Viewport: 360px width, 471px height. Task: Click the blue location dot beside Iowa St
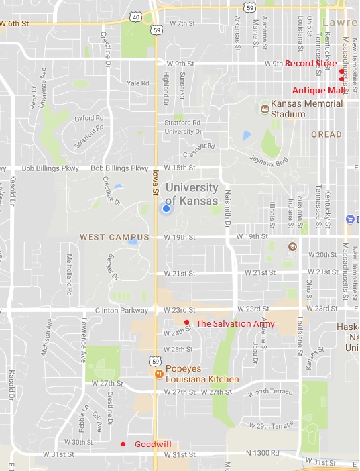(x=166, y=209)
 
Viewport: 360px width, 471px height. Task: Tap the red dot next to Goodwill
(x=123, y=444)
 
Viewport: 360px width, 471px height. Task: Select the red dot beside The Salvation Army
(x=187, y=323)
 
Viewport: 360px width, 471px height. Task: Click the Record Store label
(x=310, y=64)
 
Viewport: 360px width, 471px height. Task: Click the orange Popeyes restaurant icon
(x=159, y=374)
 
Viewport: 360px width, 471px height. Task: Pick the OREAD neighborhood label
(x=326, y=134)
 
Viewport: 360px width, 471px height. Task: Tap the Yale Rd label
(x=138, y=83)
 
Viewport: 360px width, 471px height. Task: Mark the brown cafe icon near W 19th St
(x=291, y=247)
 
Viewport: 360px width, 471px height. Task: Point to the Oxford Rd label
(x=89, y=119)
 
